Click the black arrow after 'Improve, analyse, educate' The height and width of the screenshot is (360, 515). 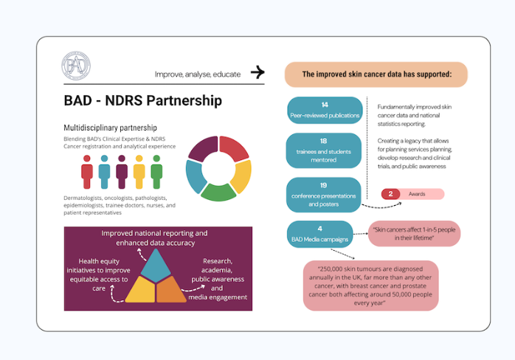(257, 72)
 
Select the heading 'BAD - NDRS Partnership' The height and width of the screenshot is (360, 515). (143, 101)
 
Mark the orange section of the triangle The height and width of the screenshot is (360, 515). (172, 290)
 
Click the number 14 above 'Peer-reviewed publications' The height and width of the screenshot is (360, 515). (325, 105)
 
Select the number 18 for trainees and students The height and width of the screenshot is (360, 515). (324, 140)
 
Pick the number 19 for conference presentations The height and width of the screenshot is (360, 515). (325, 186)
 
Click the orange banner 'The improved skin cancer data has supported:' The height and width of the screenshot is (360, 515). (376, 74)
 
